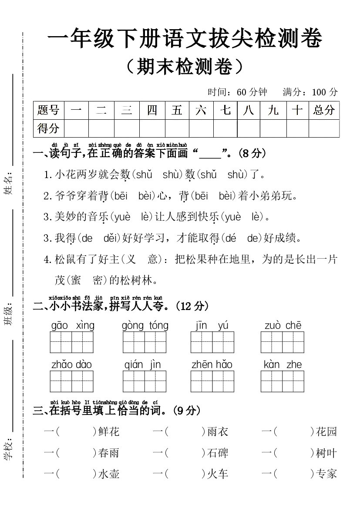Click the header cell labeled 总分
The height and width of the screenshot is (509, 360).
coord(324,110)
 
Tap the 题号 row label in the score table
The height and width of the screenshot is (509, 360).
coord(48,110)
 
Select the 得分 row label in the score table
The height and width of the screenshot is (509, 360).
coord(48,128)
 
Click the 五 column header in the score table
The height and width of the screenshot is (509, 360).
coord(177,110)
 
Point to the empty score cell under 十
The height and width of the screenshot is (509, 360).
coord(297,128)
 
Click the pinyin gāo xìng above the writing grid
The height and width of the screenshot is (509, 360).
coord(73,326)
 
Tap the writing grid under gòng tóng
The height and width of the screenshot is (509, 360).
coord(145,342)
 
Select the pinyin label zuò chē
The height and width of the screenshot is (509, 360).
coord(283,326)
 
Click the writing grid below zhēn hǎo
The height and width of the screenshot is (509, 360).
coord(212,381)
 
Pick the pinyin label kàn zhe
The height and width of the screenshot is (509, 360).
coord(283,365)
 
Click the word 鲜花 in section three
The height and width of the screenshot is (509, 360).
coord(109,432)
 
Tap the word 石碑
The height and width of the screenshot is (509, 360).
coord(218,453)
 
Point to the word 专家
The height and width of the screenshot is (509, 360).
coord(326,474)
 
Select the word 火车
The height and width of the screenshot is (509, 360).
coord(218,474)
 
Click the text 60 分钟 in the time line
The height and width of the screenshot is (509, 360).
coord(252,92)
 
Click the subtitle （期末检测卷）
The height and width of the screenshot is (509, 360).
coord(183,67)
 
